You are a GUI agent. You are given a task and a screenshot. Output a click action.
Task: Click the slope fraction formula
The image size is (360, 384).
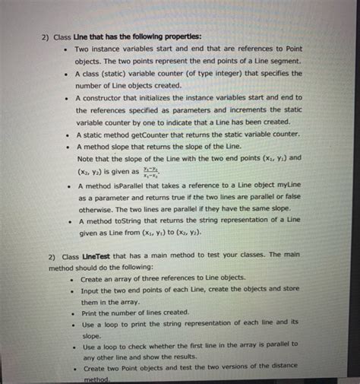coord(153,172)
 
